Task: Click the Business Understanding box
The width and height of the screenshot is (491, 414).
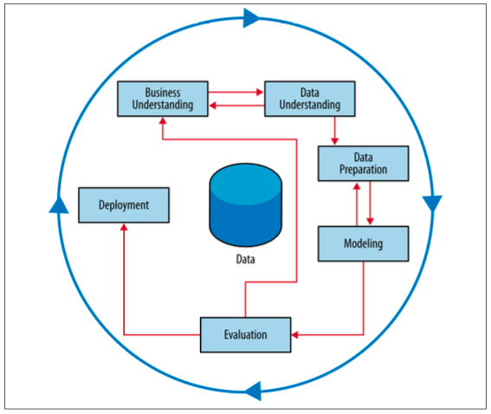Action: pos(162,99)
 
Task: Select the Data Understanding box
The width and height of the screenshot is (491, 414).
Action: pos(308,99)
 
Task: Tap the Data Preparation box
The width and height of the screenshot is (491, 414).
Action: pos(363,163)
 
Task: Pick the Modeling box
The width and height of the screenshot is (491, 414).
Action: pos(363,243)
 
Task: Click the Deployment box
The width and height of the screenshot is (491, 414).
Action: pos(123,205)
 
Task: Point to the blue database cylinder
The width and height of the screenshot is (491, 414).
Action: pos(246,205)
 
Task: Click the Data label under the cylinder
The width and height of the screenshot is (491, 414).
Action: pos(246,258)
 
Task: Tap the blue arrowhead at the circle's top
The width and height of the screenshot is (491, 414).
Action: pos(251,17)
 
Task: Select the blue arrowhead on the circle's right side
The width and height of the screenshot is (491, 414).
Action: pos(432,203)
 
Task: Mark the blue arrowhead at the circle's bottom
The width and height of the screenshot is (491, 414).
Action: pos(251,390)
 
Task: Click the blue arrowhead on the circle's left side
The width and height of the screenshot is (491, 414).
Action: pos(58,204)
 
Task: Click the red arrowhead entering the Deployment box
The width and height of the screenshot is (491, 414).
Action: pos(123,228)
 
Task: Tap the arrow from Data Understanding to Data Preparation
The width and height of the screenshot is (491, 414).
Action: pos(335,130)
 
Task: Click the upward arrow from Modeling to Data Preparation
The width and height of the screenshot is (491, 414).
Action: pos(353,204)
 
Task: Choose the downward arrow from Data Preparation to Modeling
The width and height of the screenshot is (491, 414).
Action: pos(371,204)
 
